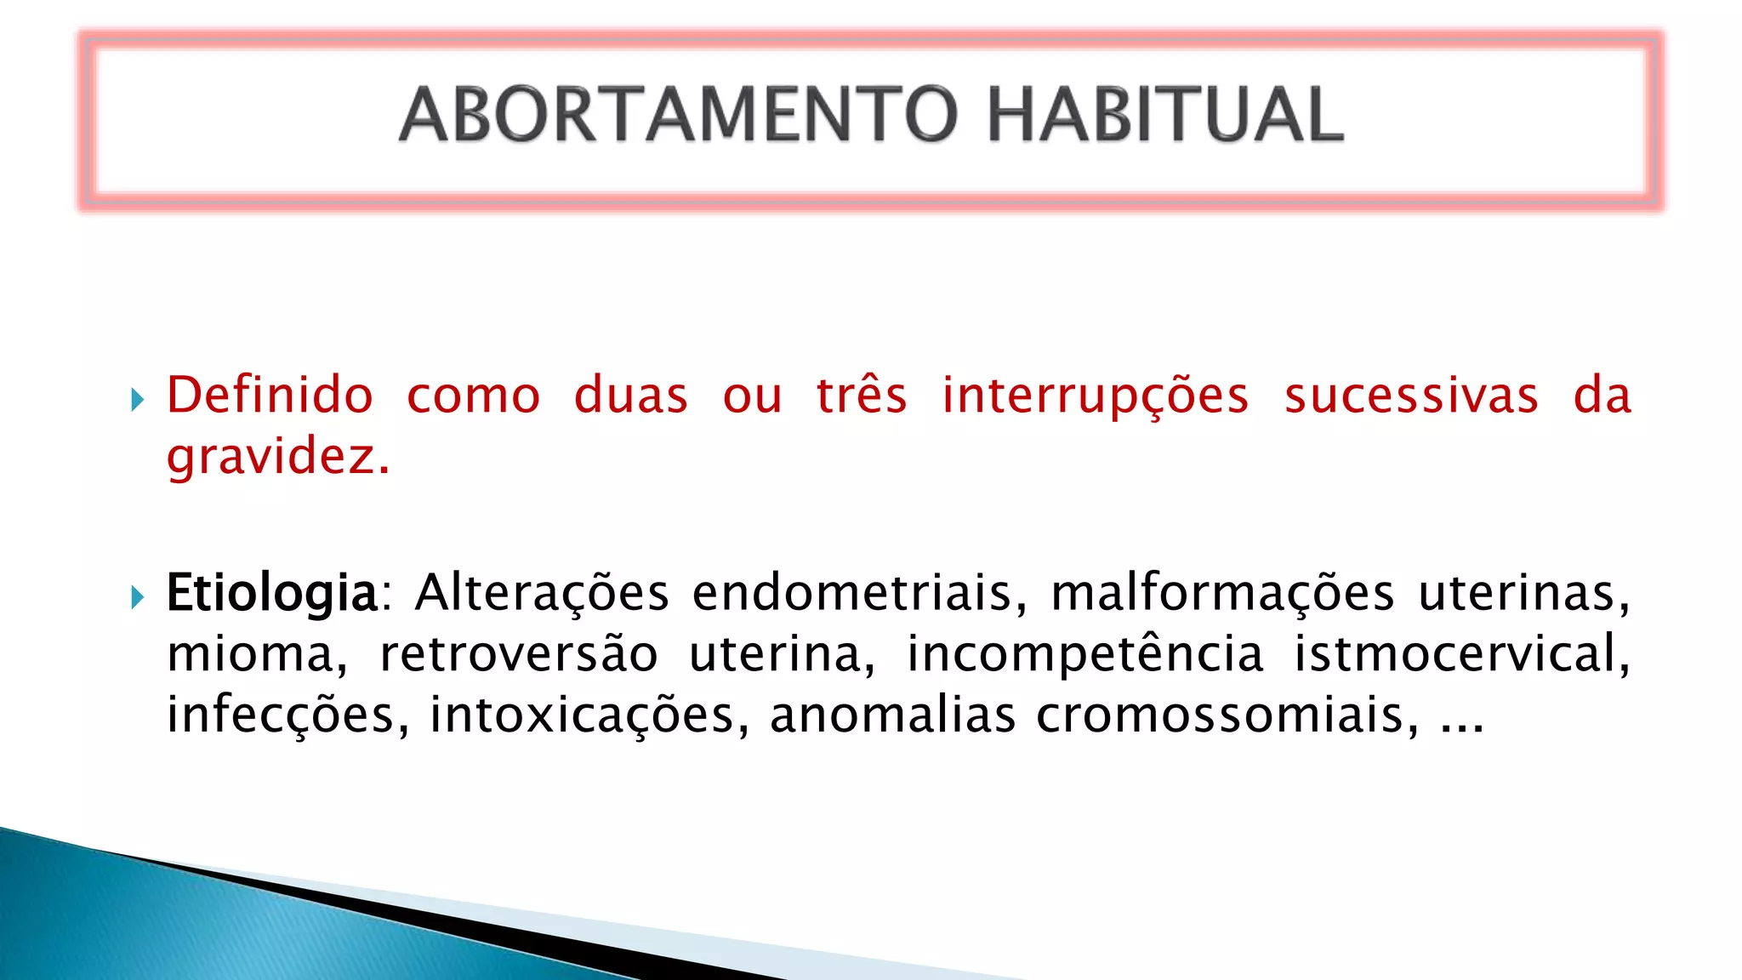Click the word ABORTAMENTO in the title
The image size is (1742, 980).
[x=679, y=115]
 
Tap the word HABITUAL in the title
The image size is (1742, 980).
[x=1164, y=115]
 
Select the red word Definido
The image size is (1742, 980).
[x=270, y=396]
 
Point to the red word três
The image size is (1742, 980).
[x=862, y=396]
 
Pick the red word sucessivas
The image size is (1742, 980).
[x=1411, y=396]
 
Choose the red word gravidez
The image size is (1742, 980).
[x=276, y=458]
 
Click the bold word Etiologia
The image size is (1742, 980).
[x=271, y=593]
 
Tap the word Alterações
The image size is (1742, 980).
[x=542, y=593]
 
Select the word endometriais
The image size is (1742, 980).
[x=859, y=593]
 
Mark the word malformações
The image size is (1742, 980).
[x=1222, y=593]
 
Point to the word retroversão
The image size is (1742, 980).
[x=519, y=654]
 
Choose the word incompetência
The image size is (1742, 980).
[x=1085, y=654]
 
